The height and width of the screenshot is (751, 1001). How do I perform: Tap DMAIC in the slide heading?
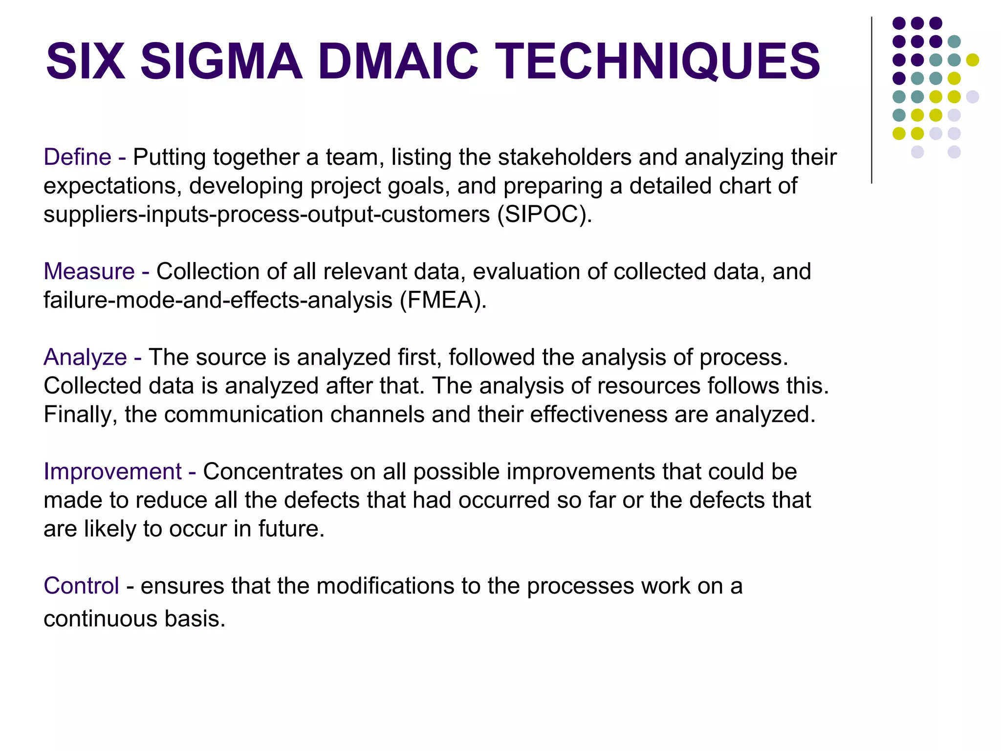pyautogui.click(x=398, y=62)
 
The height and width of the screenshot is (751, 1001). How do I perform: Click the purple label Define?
pyautogui.click(x=78, y=157)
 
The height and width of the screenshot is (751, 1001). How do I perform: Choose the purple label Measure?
pyautogui.click(x=89, y=271)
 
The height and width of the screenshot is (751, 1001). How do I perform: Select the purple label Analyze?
pyautogui.click(x=86, y=357)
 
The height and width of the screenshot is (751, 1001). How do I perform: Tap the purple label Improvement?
pyautogui.click(x=112, y=472)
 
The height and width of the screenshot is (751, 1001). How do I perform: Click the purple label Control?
pyautogui.click(x=81, y=586)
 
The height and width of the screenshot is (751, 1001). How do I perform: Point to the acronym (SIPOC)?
pyautogui.click(x=544, y=215)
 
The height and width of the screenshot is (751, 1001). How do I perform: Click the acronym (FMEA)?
pyautogui.click(x=443, y=300)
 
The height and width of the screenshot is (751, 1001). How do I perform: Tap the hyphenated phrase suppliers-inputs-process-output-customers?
pyautogui.click(x=267, y=215)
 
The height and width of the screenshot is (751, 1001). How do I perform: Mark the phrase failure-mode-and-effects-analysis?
pyautogui.click(x=218, y=300)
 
